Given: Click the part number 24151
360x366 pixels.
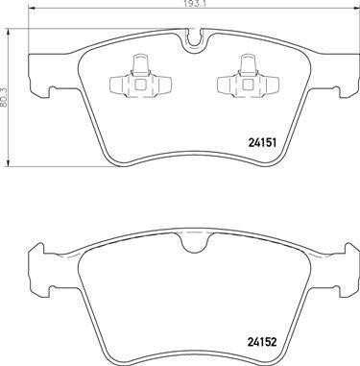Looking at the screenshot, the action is point(262,142).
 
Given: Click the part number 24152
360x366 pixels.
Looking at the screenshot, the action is point(262,342).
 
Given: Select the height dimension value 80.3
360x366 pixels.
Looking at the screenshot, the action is point(3,98).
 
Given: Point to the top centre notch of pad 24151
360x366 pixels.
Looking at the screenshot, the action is point(193,40).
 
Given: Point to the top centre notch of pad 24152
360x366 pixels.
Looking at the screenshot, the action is point(193,243).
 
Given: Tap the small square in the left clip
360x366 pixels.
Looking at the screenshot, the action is point(140,85).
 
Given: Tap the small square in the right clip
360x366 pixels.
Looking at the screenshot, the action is point(248,85).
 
